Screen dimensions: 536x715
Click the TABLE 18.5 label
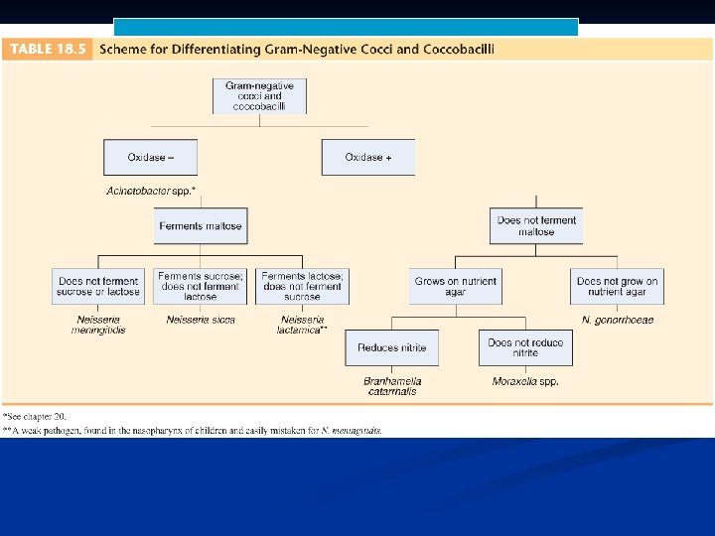pyautogui.click(x=48, y=49)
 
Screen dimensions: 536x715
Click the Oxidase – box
pyautogui.click(x=150, y=157)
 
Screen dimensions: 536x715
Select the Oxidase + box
pyautogui.click(x=367, y=157)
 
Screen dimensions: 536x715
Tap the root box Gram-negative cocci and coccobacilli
pyautogui.click(x=259, y=95)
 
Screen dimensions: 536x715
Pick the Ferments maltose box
pyautogui.click(x=201, y=226)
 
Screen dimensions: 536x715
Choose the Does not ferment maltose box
pyautogui.click(x=536, y=226)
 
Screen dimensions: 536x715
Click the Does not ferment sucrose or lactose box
pyautogui.click(x=98, y=286)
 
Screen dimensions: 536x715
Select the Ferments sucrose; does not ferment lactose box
pyautogui.click(x=201, y=286)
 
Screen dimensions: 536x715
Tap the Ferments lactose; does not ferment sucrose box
pyautogui.click(x=303, y=286)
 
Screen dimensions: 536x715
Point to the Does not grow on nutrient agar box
pyautogui.click(x=617, y=286)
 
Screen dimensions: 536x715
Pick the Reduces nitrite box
pyautogui.click(x=392, y=347)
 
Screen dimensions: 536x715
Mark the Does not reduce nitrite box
pyautogui.click(x=525, y=347)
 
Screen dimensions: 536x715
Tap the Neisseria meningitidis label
pyautogui.click(x=98, y=325)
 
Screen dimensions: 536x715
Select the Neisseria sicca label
pyautogui.click(x=201, y=320)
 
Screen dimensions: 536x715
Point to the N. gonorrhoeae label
pyautogui.click(x=617, y=320)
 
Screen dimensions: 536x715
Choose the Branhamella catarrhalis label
pyautogui.click(x=392, y=386)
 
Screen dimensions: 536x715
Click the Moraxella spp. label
pyautogui.click(x=525, y=381)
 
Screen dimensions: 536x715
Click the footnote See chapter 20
pyautogui.click(x=36, y=416)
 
